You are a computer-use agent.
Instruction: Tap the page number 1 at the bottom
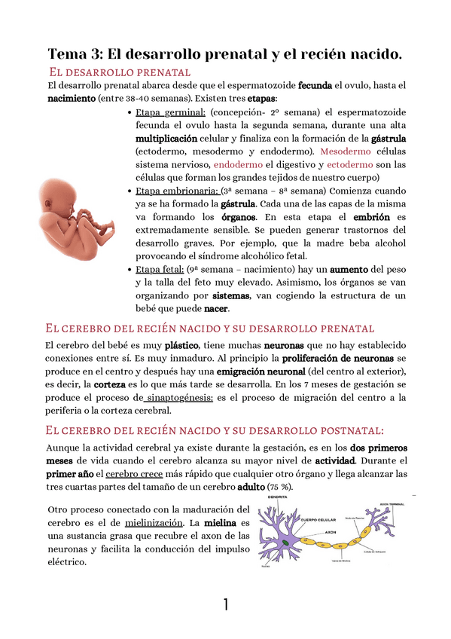click(225, 604)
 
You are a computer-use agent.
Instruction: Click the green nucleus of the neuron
click(287, 542)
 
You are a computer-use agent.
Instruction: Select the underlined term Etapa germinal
click(166, 112)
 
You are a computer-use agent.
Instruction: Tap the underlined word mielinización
click(154, 522)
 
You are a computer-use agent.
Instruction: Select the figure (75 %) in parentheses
click(278, 487)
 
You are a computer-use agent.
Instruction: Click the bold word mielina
click(221, 522)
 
